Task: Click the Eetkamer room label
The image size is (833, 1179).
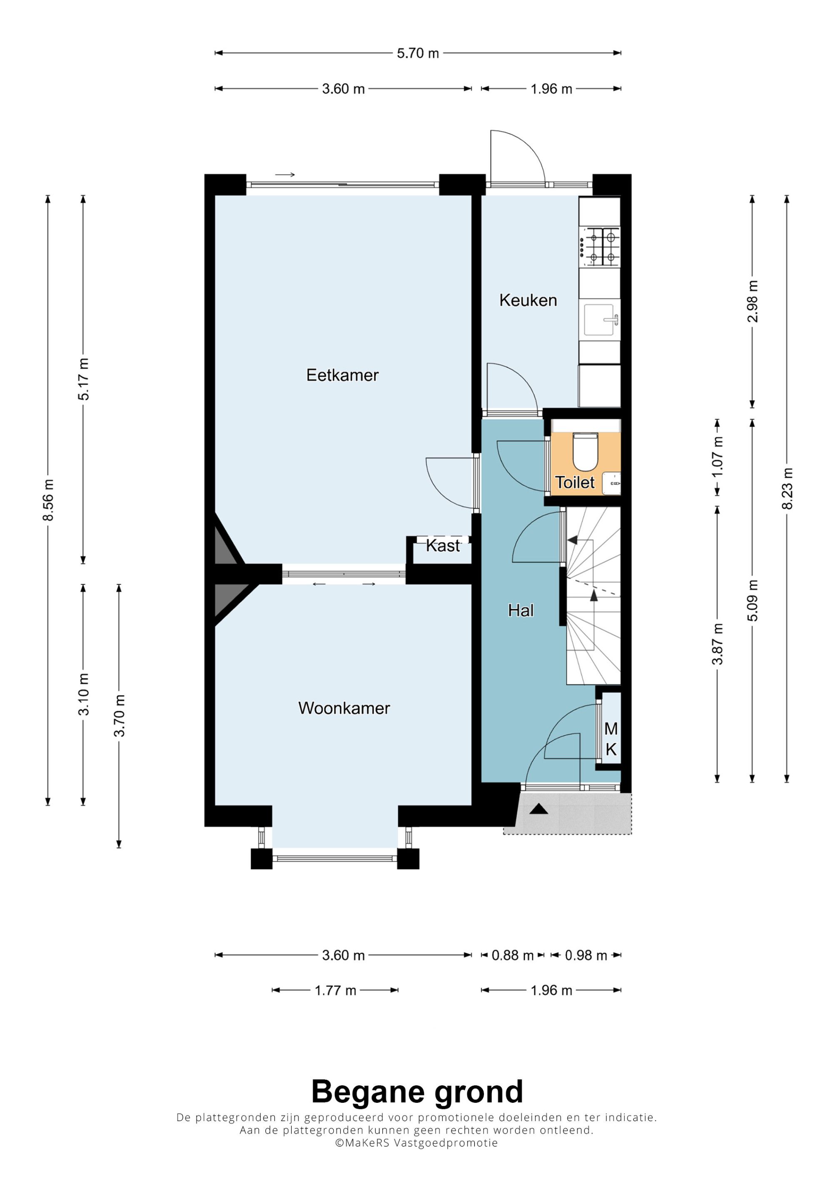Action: tap(342, 375)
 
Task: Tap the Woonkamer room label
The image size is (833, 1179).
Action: tap(344, 708)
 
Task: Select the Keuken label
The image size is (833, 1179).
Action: tap(528, 300)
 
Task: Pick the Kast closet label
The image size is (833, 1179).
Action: tap(443, 545)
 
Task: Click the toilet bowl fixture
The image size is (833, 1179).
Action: tap(585, 452)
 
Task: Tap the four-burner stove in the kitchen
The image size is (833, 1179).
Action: tap(599, 247)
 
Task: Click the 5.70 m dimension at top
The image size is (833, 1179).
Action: tap(418, 53)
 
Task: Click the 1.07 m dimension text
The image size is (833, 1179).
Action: tap(718, 457)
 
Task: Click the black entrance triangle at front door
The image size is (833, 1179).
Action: tap(539, 809)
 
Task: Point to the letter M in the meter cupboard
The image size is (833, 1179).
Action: tap(611, 728)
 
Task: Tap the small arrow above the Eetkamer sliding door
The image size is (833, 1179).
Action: tap(285, 175)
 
